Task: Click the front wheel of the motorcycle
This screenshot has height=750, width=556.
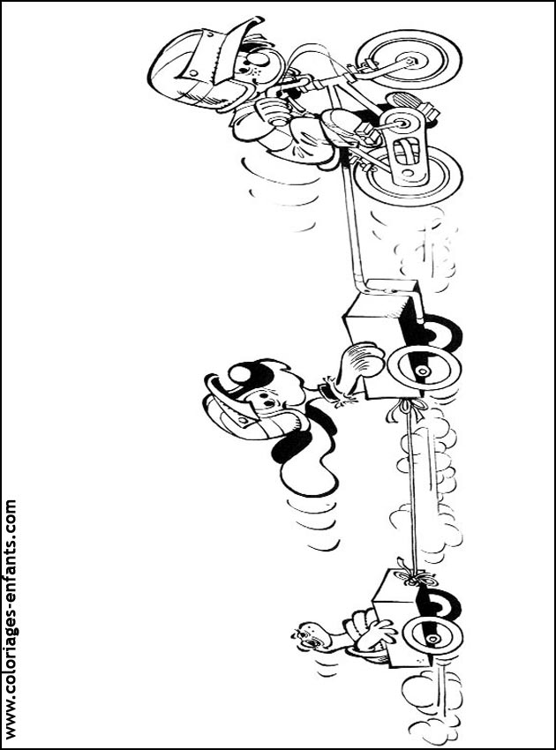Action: (x=409, y=61)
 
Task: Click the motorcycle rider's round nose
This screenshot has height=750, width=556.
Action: (x=259, y=60)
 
